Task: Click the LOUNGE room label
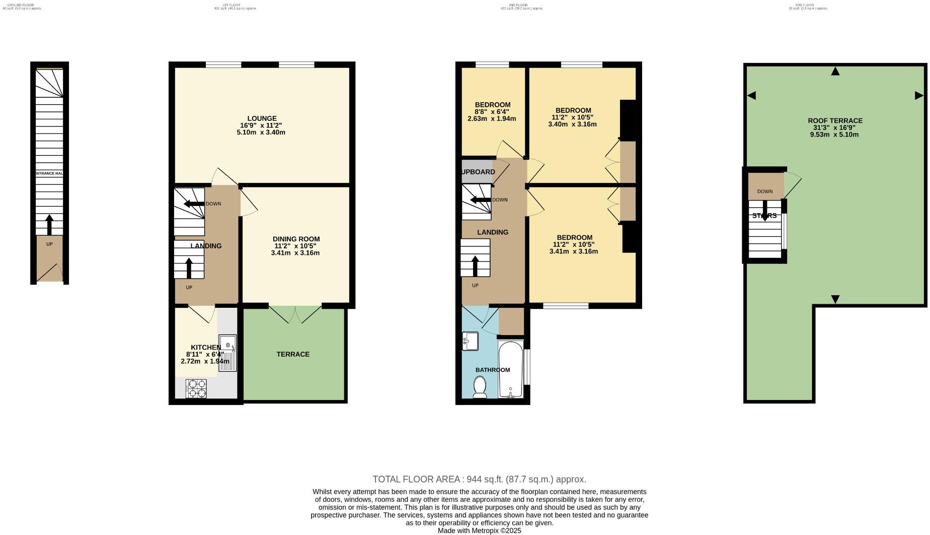tap(261, 119)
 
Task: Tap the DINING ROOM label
tap(296, 239)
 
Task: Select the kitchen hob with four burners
tap(196, 388)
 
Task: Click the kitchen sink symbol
tap(227, 353)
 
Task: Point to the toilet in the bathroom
tap(480, 388)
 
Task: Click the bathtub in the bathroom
tap(510, 370)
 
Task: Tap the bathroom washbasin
tap(470, 341)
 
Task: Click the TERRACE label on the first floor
tap(293, 354)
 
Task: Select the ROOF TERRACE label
tap(835, 121)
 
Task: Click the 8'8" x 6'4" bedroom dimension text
tap(492, 112)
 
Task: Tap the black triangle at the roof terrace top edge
tap(835, 72)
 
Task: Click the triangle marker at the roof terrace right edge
tap(918, 95)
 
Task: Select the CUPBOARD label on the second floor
tap(478, 172)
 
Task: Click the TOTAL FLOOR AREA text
tap(479, 479)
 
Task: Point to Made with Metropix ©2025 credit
tap(479, 530)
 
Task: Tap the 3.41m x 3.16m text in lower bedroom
tap(574, 251)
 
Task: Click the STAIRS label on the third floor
tap(764, 216)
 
